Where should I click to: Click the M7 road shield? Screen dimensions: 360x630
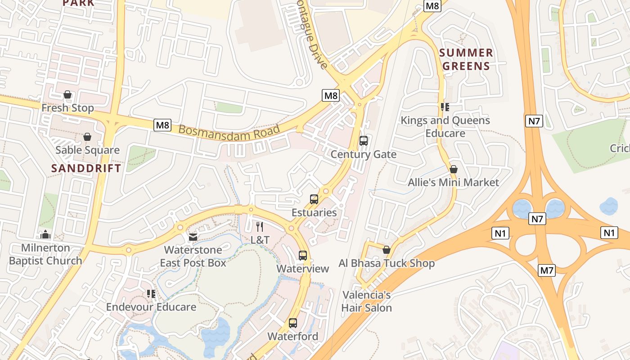547,270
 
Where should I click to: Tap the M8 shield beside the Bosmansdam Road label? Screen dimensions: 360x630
162,125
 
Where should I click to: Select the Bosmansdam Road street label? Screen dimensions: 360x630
229,130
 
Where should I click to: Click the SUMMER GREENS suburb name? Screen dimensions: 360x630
466,59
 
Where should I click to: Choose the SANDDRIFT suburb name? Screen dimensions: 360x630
86,168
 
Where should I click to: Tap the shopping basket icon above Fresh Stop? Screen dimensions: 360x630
67,94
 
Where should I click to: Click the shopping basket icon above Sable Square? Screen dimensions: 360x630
87,137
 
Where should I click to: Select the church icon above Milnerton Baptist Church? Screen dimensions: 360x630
45,234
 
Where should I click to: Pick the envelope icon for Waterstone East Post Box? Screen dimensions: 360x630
193,237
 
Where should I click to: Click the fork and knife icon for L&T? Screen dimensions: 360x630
260,227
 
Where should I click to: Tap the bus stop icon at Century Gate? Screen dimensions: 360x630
364,141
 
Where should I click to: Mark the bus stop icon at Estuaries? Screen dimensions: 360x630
314,199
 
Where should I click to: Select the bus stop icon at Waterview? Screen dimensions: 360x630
303,256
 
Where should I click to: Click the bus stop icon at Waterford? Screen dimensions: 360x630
293,323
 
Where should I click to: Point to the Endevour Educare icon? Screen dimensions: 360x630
151,294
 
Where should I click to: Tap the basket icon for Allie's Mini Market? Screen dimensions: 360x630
454,169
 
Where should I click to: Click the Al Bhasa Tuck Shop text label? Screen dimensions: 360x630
387,263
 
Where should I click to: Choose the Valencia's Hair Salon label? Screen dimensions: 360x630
366,301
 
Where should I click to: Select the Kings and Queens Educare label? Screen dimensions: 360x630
445,126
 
